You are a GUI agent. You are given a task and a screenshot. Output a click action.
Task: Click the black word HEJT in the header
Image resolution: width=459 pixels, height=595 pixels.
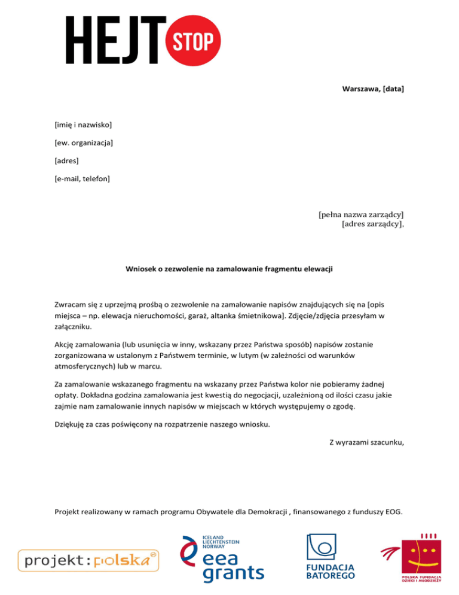pos(117,40)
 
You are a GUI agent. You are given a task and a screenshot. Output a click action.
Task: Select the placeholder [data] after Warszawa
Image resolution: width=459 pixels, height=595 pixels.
pos(392,89)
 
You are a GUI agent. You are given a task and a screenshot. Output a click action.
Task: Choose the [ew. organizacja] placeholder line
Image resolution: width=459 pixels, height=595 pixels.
pos(84,142)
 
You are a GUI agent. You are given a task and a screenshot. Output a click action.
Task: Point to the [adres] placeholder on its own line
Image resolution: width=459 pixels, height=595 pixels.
pos(66,160)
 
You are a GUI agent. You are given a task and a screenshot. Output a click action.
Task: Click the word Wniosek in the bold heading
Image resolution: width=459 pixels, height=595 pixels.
pos(141,269)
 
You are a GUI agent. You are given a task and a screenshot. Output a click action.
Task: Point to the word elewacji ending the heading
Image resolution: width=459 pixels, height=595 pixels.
pos(317,269)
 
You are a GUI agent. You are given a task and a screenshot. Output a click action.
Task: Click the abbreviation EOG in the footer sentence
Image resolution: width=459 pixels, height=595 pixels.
pos(393,511)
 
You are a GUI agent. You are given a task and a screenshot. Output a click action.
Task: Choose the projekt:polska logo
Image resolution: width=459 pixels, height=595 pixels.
pos(88,561)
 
